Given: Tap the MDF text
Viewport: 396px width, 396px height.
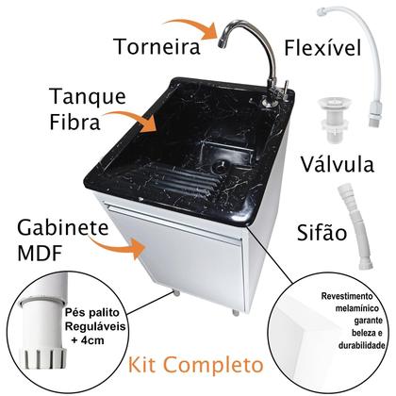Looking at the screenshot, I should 41,256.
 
